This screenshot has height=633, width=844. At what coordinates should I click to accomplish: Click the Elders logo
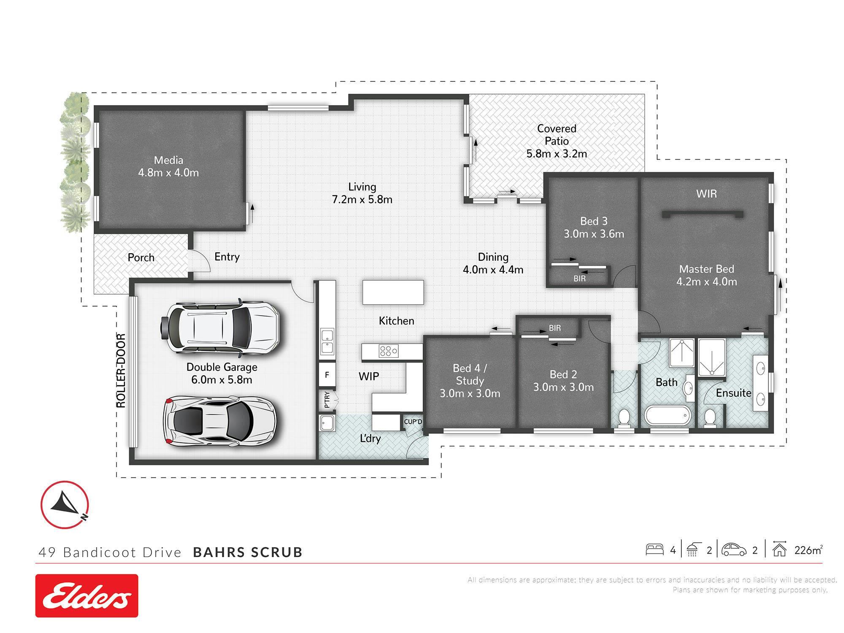pos(87,595)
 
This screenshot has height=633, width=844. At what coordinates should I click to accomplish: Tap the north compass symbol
pos(65,504)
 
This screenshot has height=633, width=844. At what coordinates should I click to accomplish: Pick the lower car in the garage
pos(219,421)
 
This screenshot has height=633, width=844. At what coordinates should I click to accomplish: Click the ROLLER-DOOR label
pos(121,371)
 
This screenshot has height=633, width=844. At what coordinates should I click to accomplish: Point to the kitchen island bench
pos(393,292)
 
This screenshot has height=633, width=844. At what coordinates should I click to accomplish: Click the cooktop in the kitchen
pos(389,351)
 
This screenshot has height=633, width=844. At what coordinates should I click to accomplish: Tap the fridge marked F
pos(327,375)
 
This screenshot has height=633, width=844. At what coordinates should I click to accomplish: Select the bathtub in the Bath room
pos(668,416)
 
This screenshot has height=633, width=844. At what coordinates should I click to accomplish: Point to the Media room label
pos(168,166)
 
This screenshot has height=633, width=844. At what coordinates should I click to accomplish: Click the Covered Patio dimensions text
pos(557,154)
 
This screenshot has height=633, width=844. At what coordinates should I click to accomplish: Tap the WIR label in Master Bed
pos(706,194)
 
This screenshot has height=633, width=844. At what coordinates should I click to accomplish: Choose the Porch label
pos(141,257)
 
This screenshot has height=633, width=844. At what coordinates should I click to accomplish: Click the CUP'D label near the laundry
pos(413,422)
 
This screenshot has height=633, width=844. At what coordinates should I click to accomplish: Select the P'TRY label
pos(327,400)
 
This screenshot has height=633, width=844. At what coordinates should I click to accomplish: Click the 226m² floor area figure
pos(809,550)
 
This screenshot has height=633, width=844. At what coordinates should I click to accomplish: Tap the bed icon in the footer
pos(655,549)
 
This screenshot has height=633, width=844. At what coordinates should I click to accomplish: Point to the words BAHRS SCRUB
pos(248,552)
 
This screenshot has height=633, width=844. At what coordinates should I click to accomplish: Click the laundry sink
pos(327,423)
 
